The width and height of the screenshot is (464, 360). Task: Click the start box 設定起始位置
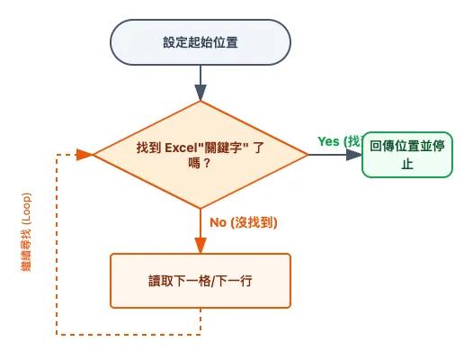200,42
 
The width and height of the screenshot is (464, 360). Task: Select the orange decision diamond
200,155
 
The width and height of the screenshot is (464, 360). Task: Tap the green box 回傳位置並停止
406,155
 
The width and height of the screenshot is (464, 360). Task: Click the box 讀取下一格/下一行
200,281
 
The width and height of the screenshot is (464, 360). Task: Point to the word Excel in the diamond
183,147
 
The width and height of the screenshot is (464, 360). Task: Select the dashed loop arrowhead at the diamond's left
85,155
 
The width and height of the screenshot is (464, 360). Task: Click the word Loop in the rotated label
27,205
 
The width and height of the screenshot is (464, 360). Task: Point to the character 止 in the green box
406,164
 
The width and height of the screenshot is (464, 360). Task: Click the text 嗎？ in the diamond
200,164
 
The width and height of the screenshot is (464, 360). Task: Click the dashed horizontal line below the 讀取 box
126,335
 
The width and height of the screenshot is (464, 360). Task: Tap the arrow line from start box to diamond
200,76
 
